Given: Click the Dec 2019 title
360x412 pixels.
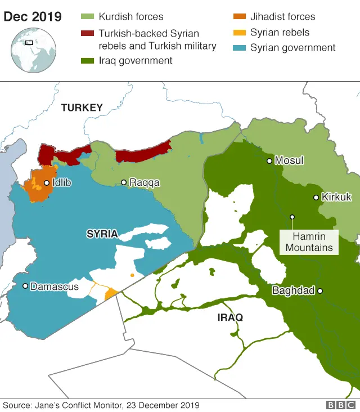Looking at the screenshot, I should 33,16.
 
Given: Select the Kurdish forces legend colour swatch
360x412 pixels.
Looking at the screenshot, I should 88,17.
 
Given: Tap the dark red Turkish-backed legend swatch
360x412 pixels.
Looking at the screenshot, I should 88,34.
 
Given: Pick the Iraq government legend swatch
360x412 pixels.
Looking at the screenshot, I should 88,60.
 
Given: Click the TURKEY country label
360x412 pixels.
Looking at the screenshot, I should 82,108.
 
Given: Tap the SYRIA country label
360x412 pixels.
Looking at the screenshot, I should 102,234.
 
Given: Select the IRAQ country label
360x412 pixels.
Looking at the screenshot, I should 230,318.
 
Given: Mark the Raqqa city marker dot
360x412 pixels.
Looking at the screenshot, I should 123,182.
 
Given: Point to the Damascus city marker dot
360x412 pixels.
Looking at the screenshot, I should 25,286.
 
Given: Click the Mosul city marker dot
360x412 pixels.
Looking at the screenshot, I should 269,161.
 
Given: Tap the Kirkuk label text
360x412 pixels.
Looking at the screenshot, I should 336,198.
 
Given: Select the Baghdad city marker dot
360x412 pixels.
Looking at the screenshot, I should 319,291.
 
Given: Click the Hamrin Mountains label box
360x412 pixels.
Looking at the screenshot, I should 309,243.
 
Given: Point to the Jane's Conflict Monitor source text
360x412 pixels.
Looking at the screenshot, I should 101,405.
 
